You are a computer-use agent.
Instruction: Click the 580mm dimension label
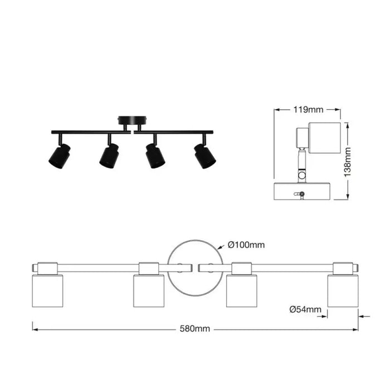click(195, 329)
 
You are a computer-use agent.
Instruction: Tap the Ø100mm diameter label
click(246, 245)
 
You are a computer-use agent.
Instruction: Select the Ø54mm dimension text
click(305, 309)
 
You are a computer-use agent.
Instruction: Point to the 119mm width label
click(309, 109)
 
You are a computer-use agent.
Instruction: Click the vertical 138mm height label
click(348, 162)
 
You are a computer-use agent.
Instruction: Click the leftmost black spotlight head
click(60, 157)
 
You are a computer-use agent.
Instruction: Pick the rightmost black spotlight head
click(205, 157)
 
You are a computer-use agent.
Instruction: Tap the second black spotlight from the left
click(109, 156)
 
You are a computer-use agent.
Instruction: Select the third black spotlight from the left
click(155, 156)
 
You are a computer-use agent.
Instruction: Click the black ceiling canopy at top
click(133, 120)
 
